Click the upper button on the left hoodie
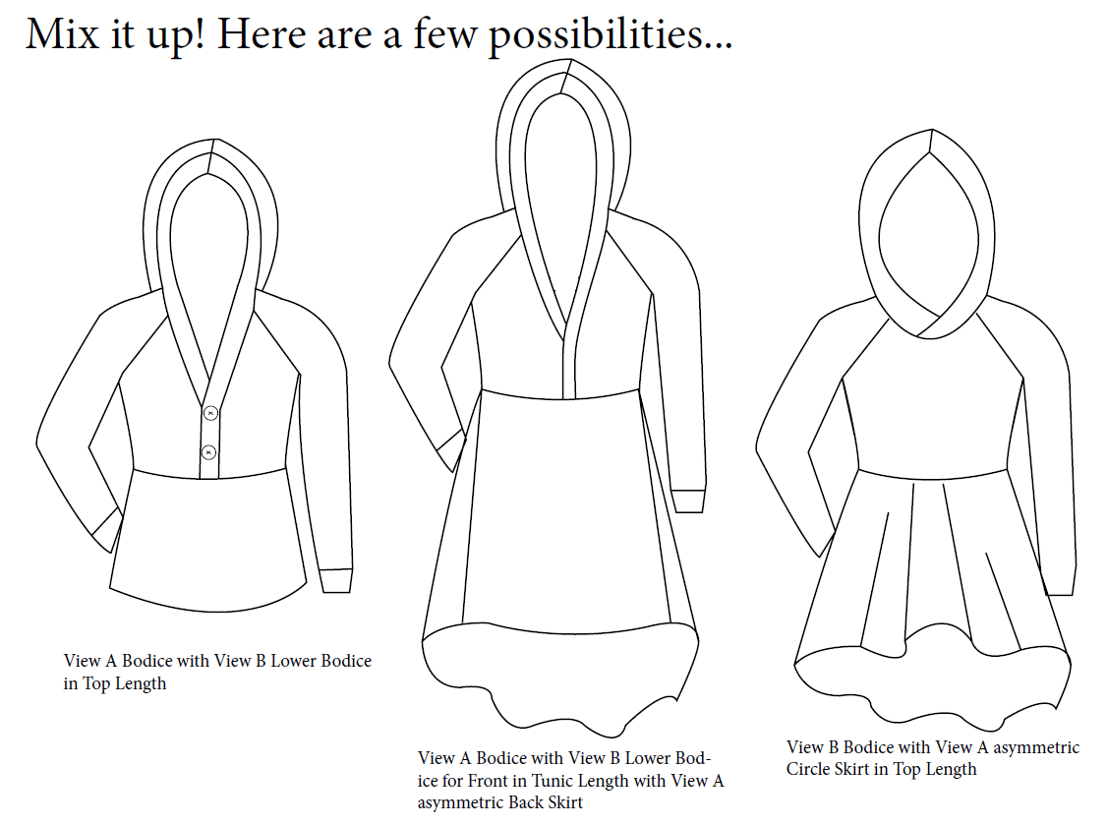point(210,413)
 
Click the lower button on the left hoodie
point(208,451)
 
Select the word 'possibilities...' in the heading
point(611,36)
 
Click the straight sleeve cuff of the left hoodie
point(335,580)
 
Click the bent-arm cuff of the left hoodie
point(106,529)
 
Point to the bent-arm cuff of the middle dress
point(450,450)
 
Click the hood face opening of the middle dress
point(564,211)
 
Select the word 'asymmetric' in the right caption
point(1035,747)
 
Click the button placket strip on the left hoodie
point(209,431)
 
